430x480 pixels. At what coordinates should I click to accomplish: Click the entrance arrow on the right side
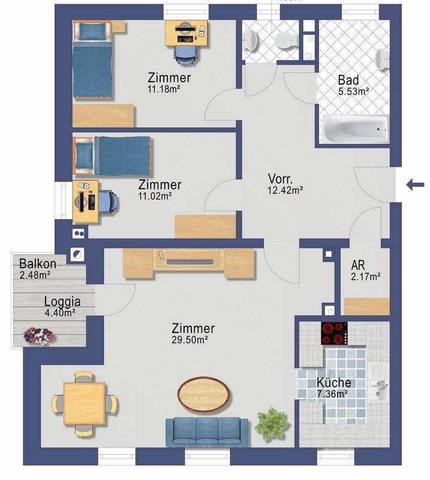pyautogui.click(x=416, y=185)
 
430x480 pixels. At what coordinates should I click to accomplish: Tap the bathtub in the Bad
pyautogui.click(x=355, y=129)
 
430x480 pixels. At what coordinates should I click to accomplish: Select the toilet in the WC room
pyautogui.click(x=285, y=40)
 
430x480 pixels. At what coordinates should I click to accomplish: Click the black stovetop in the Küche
pyautogui.click(x=335, y=333)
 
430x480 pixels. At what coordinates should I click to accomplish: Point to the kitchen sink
pyautogui.click(x=378, y=382)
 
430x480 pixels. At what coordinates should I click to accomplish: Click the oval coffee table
pyautogui.click(x=205, y=394)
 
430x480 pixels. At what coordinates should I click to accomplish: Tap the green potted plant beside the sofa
pyautogui.click(x=272, y=425)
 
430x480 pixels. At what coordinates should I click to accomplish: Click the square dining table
pyautogui.click(x=84, y=403)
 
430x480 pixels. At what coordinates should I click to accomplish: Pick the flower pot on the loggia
pyautogui.click(x=39, y=335)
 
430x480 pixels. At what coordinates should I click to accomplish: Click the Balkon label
pyautogui.click(x=38, y=263)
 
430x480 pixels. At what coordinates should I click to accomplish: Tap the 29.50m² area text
pyautogui.click(x=190, y=340)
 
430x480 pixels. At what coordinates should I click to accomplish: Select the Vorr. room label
pyautogui.click(x=280, y=179)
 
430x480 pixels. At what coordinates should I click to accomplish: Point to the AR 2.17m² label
pyautogui.click(x=366, y=271)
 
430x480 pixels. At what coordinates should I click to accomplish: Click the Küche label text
pyautogui.click(x=334, y=382)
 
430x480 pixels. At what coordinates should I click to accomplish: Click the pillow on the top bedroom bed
pyautogui.click(x=93, y=32)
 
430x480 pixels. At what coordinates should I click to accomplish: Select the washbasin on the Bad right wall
pyautogui.click(x=382, y=58)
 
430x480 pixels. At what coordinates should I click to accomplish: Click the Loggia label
pyautogui.click(x=62, y=302)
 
